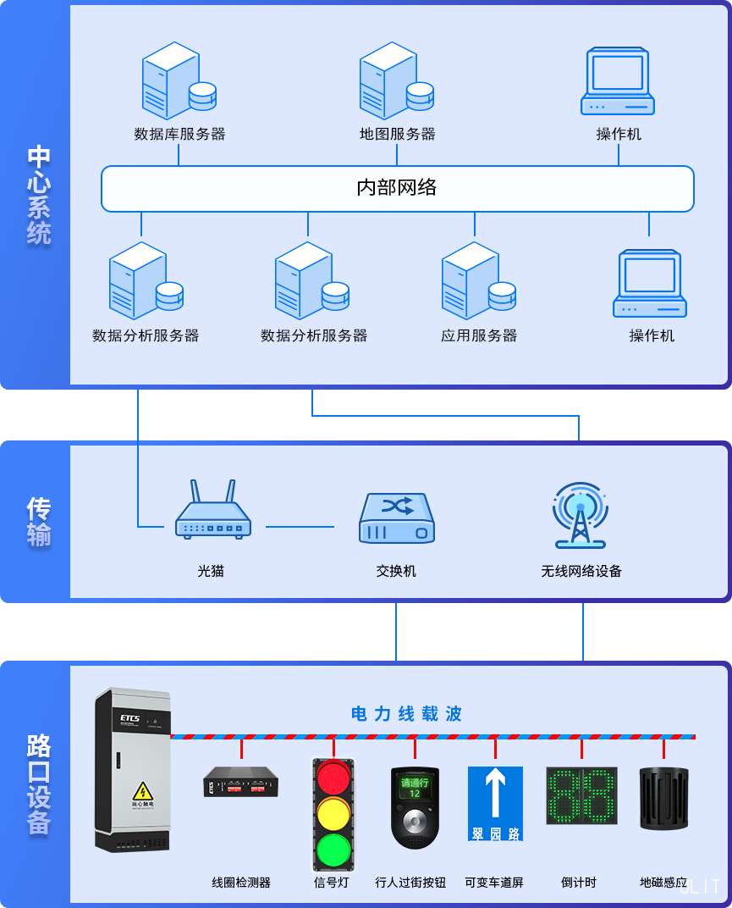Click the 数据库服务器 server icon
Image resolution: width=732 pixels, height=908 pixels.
point(178,80)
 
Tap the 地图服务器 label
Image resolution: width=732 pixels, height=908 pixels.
point(397,134)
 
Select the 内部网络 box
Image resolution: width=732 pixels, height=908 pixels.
point(397,188)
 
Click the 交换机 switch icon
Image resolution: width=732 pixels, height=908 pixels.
point(397,518)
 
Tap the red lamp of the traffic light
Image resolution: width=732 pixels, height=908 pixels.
point(333,778)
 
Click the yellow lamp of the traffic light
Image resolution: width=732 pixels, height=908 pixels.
point(333,814)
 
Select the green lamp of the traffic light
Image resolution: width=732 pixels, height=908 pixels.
point(333,850)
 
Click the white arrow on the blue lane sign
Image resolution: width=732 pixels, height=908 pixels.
point(495,794)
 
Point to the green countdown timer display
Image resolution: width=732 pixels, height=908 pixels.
point(581,796)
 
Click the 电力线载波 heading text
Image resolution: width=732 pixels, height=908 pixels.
point(406,714)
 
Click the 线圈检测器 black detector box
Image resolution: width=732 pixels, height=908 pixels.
point(241,782)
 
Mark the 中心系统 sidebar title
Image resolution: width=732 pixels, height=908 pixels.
point(39,195)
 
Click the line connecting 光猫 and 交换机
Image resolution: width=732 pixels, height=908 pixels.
point(300,527)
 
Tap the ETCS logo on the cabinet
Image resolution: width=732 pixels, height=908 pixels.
point(129,718)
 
